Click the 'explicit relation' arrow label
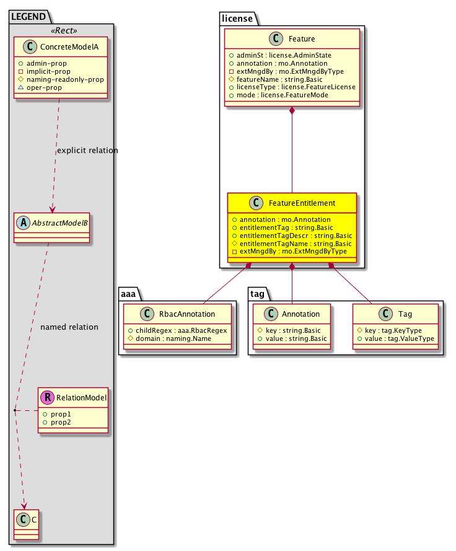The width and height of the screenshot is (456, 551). pos(87,151)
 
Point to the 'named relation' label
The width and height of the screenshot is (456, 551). pos(69,327)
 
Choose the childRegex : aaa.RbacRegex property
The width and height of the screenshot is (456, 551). pos(177,330)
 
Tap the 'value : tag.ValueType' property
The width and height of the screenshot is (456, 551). pos(395,339)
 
